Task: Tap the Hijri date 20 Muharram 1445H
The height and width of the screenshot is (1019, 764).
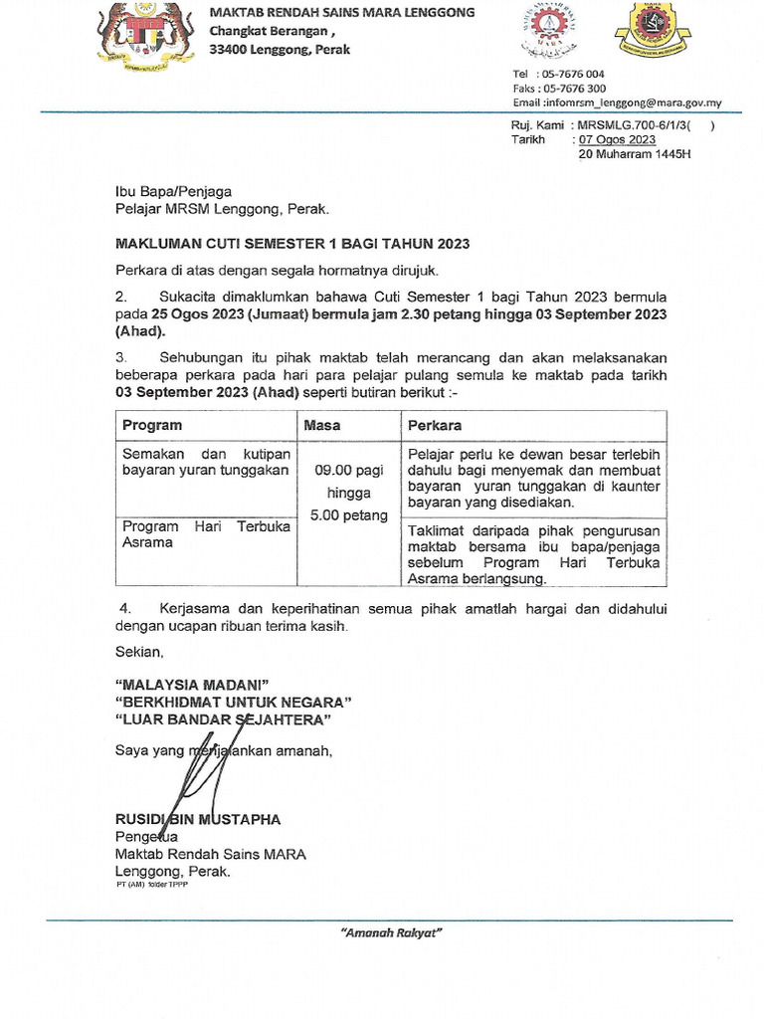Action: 634,154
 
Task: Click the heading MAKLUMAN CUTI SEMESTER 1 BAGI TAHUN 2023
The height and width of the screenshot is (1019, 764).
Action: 292,243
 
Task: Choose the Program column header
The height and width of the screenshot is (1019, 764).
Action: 152,425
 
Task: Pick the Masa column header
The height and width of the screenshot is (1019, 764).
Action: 323,425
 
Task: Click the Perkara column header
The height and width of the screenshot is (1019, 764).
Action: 435,425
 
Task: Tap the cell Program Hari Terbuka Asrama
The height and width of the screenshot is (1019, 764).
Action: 206,534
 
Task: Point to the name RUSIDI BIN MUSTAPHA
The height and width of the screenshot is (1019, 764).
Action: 198,819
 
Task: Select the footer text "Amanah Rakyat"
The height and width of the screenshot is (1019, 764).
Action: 391,933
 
